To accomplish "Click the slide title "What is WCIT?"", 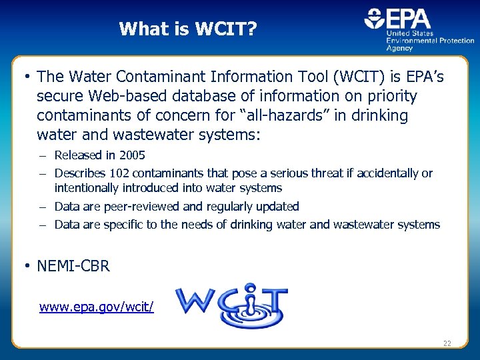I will tap(187, 29).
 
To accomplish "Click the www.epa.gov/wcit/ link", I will tap(97, 307).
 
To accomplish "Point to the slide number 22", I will tap(447, 343).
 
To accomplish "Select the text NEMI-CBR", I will tap(73, 267).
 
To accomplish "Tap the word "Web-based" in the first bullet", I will tap(126, 96).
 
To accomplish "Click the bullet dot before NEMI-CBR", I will tap(26, 266).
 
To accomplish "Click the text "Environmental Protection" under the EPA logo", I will tap(431, 41).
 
